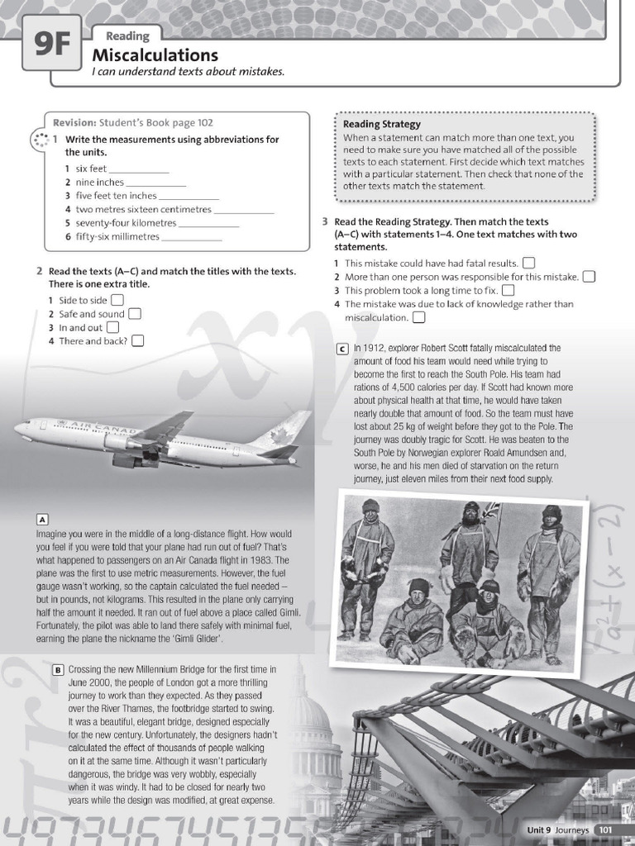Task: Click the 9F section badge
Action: point(51,44)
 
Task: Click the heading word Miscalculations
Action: point(155,55)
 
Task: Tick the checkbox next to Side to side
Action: point(117,300)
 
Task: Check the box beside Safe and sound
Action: point(135,313)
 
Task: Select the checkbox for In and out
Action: point(113,327)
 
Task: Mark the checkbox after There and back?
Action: point(137,340)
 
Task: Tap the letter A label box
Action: point(42,519)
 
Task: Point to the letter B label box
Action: point(58,669)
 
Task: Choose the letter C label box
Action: point(341,349)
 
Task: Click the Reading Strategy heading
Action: point(382,125)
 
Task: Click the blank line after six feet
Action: point(140,169)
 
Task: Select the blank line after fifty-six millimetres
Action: point(192,237)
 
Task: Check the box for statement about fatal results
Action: point(528,263)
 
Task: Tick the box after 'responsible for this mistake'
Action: point(589,277)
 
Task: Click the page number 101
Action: point(605,829)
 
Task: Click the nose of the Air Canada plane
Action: point(17,428)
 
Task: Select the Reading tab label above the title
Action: point(127,36)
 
